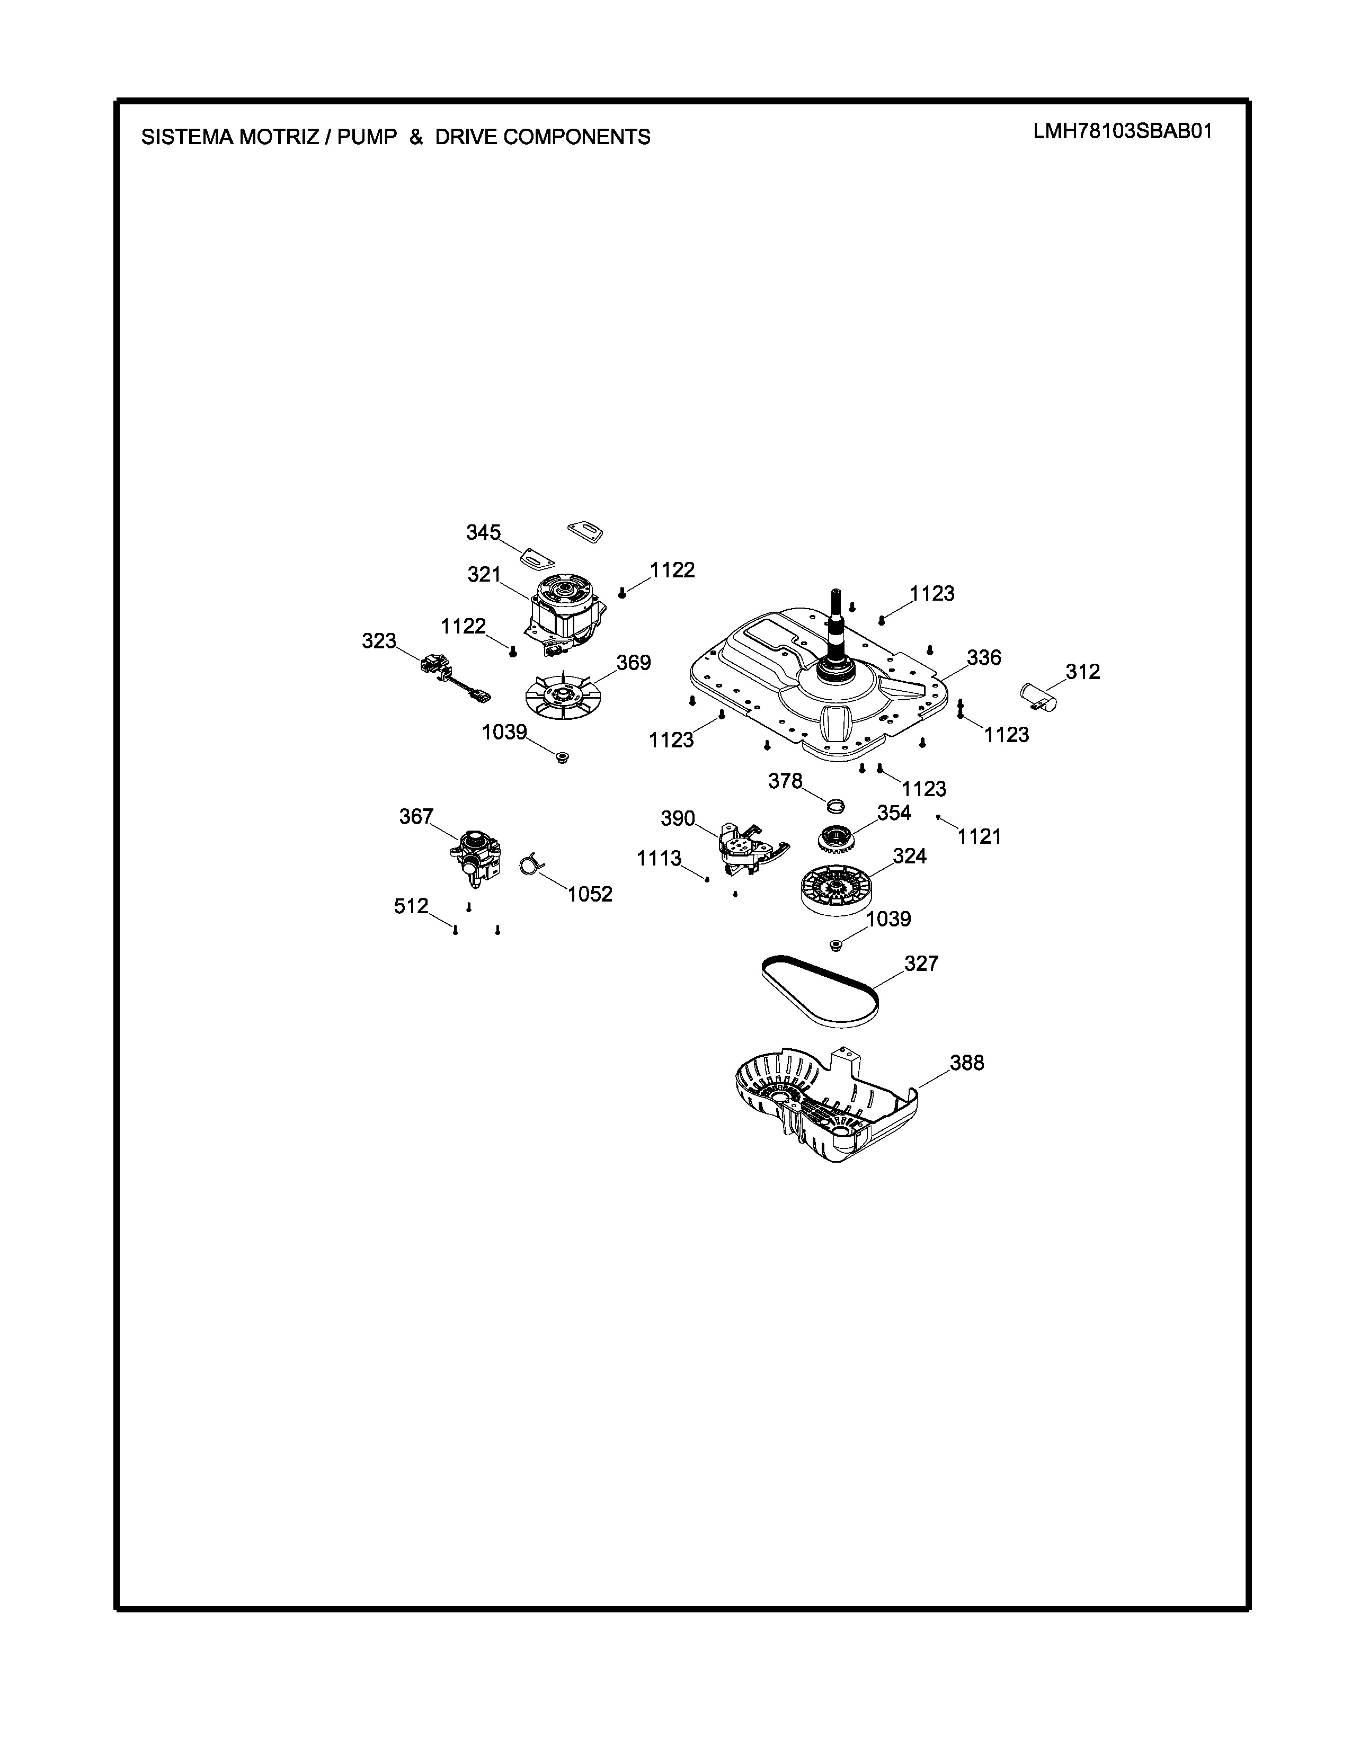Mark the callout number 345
coord(483,532)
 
